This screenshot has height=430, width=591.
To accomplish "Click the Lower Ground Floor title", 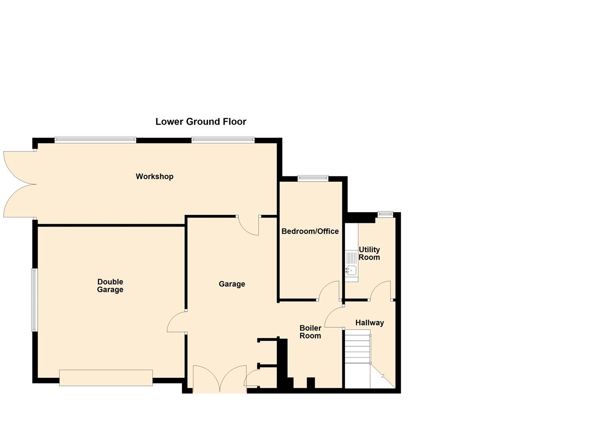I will click(x=201, y=122).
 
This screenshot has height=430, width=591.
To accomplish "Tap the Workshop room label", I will click(x=154, y=176).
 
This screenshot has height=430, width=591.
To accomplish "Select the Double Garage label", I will click(x=110, y=286).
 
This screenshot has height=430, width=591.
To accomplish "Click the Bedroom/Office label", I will click(x=310, y=231).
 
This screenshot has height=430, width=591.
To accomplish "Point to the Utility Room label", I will click(x=369, y=253).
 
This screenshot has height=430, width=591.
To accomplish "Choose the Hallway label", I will click(x=369, y=323).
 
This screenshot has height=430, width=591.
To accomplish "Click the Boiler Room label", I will click(x=310, y=332).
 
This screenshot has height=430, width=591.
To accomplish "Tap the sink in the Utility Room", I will click(x=351, y=270).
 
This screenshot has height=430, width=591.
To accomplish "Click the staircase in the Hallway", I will click(x=357, y=348).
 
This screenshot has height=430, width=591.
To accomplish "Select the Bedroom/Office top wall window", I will click(x=313, y=179).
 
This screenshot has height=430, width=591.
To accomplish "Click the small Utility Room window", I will click(x=385, y=215).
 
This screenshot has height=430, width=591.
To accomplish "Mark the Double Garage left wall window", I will click(x=35, y=300).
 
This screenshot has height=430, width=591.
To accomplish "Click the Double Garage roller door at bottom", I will click(x=106, y=377).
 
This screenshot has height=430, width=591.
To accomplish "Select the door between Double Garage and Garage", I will click(x=176, y=322).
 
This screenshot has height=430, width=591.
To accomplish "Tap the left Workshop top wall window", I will click(x=95, y=140).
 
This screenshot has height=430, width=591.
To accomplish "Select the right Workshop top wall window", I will click(x=223, y=140).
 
